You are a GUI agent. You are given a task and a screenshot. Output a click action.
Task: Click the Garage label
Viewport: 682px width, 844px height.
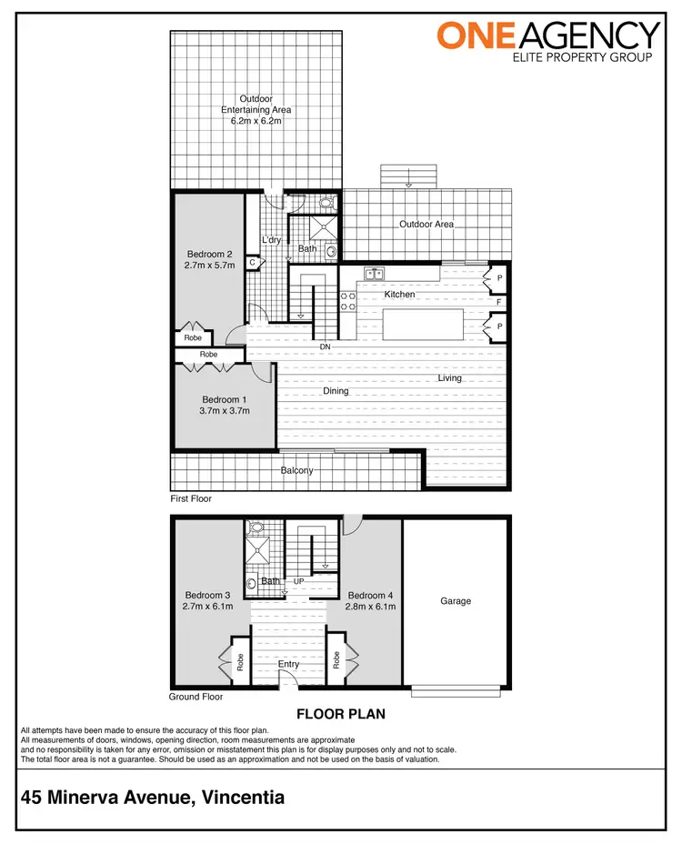pos(456,601)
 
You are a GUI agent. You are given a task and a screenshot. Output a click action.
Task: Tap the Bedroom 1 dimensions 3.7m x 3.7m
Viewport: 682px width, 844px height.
pos(224,411)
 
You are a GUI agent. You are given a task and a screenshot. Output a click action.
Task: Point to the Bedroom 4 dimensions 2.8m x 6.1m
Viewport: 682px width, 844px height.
pos(371,606)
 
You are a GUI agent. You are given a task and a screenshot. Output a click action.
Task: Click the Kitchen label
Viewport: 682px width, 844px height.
pos(399,295)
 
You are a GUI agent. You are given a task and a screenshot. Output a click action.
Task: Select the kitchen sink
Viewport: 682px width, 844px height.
pos(374,273)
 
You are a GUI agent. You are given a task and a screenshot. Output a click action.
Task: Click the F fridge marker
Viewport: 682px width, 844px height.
pos(498,301)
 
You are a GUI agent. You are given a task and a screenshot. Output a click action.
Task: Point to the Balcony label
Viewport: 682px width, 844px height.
pos(297,470)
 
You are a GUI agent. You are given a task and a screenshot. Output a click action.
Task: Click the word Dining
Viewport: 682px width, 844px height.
pos(336,391)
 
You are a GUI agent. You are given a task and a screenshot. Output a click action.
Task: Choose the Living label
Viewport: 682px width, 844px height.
pos(450,378)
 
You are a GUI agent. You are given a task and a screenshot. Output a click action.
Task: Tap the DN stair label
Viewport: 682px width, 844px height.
pos(325,347)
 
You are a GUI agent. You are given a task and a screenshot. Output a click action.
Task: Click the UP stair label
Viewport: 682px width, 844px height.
pos(298,581)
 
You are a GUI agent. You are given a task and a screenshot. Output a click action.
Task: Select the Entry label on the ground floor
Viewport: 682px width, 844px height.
pos(288,665)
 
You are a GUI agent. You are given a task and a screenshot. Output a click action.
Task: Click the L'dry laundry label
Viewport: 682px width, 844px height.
pos(271,240)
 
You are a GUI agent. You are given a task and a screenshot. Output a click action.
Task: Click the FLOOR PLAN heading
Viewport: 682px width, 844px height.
pos(341,715)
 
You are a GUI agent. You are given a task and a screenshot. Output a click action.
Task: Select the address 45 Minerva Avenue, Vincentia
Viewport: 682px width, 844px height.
pos(153,798)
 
